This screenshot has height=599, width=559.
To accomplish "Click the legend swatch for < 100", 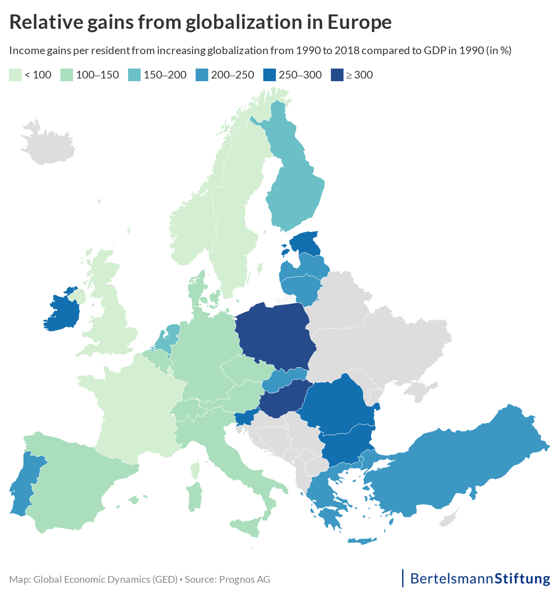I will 15,75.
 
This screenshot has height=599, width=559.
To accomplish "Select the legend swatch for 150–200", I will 134,75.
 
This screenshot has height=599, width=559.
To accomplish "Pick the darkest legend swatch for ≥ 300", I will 337,75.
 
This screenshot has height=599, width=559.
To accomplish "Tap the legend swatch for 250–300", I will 269,75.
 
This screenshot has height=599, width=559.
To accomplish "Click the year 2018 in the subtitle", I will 347,51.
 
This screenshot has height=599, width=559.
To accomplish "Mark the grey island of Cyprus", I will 449,517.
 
